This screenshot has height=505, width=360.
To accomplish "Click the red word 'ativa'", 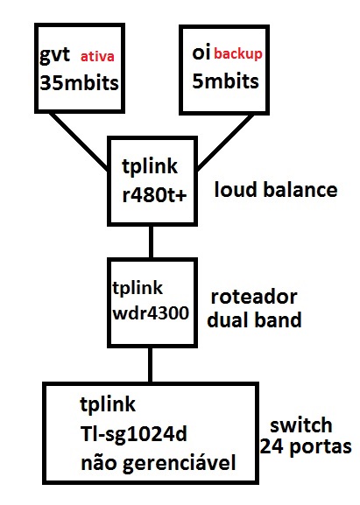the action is click(x=97, y=57).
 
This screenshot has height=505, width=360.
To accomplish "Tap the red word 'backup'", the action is click(x=238, y=53).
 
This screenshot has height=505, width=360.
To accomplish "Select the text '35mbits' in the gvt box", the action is click(x=80, y=83).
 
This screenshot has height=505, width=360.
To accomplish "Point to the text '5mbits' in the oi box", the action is click(x=225, y=81).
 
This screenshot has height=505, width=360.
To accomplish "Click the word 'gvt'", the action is click(x=54, y=55).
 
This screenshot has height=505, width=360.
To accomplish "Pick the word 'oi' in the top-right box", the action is click(x=201, y=53).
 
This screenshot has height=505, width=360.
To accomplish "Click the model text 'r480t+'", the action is click(x=154, y=195).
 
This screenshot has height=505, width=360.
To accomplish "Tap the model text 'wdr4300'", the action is click(x=151, y=312).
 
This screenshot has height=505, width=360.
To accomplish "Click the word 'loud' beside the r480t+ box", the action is click(x=236, y=189).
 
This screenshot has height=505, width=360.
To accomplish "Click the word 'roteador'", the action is click(x=254, y=297).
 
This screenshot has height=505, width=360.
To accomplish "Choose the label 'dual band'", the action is click(x=254, y=319).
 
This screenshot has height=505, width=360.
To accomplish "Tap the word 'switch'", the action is click(x=301, y=424).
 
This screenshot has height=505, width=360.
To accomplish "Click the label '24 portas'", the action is click(x=306, y=447).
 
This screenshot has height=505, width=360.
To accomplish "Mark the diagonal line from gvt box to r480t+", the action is click(x=80, y=142).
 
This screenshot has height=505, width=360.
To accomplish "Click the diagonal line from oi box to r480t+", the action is click(x=225, y=143).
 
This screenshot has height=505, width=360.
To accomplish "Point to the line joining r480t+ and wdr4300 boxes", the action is click(x=151, y=242).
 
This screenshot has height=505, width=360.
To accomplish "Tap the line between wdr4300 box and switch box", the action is click(x=150, y=365).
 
